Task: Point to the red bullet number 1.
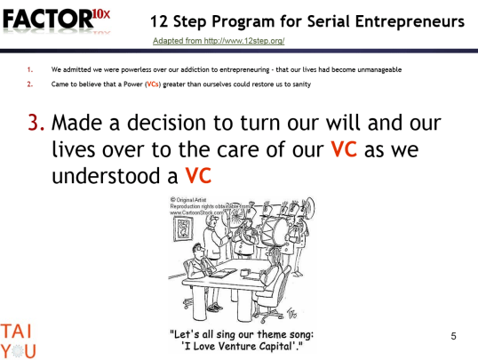pyautogui.click(x=30, y=68)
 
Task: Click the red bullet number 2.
pyautogui.click(x=30, y=84)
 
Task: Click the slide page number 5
pyautogui.click(x=453, y=336)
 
